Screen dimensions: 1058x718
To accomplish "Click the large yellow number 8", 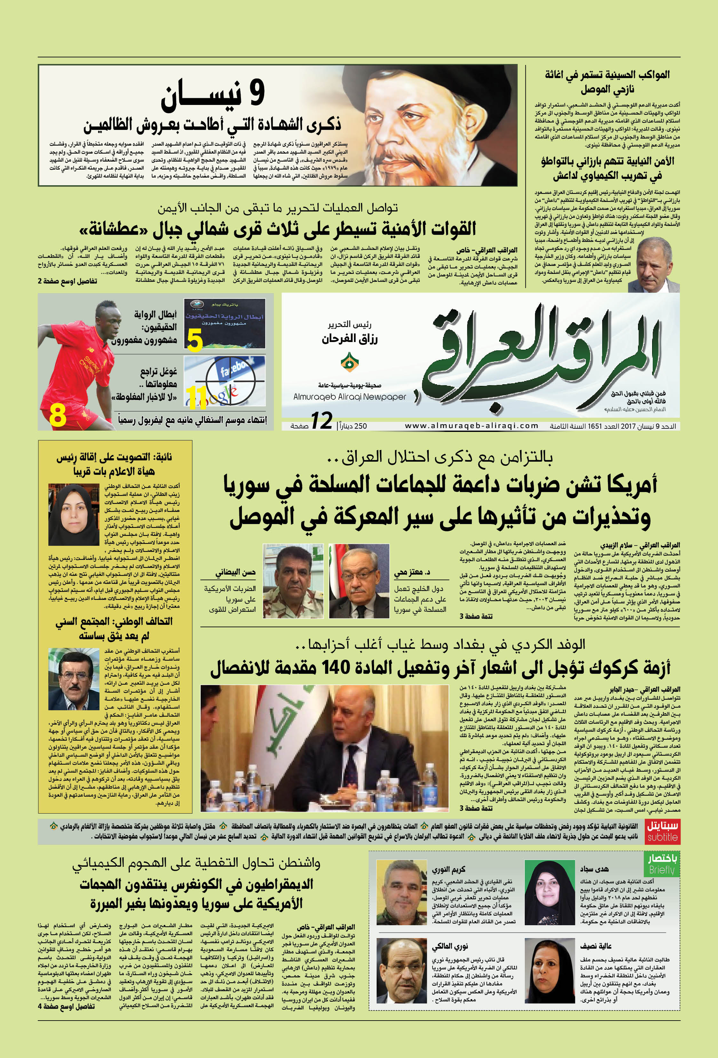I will coord(58,415).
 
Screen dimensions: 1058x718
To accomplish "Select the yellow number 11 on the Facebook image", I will coord(197,397).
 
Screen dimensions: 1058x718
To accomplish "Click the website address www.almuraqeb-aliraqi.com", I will coord(471,426).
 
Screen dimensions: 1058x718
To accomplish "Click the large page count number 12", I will coord(322,421).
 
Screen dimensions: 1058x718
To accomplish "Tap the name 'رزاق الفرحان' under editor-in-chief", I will coord(350,339).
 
